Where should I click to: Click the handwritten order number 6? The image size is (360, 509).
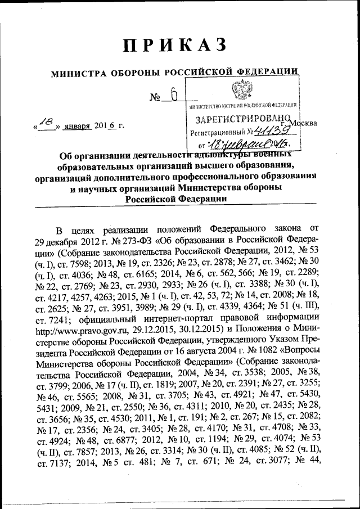pyautogui.click(x=174, y=96)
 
